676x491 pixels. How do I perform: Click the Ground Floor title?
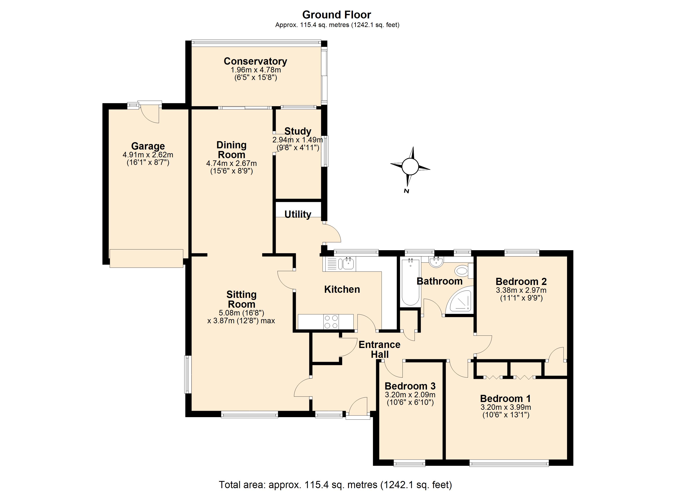click(x=337, y=15)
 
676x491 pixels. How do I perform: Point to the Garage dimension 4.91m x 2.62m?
click(x=148, y=155)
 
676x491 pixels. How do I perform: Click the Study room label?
click(x=298, y=131)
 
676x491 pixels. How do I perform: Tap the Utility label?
click(x=298, y=214)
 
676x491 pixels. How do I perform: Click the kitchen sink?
click(x=348, y=264)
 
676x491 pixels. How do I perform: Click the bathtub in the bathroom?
click(x=411, y=282)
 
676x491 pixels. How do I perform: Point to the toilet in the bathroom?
click(x=463, y=271)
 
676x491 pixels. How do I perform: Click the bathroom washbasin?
click(x=436, y=262)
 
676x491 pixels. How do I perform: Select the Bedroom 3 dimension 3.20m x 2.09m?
click(x=410, y=395)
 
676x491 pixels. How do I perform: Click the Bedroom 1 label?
click(x=506, y=398)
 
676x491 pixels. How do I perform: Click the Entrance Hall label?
click(x=379, y=349)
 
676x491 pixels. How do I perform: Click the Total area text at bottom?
click(x=335, y=484)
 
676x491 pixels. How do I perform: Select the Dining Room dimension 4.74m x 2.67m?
click(x=232, y=163)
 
